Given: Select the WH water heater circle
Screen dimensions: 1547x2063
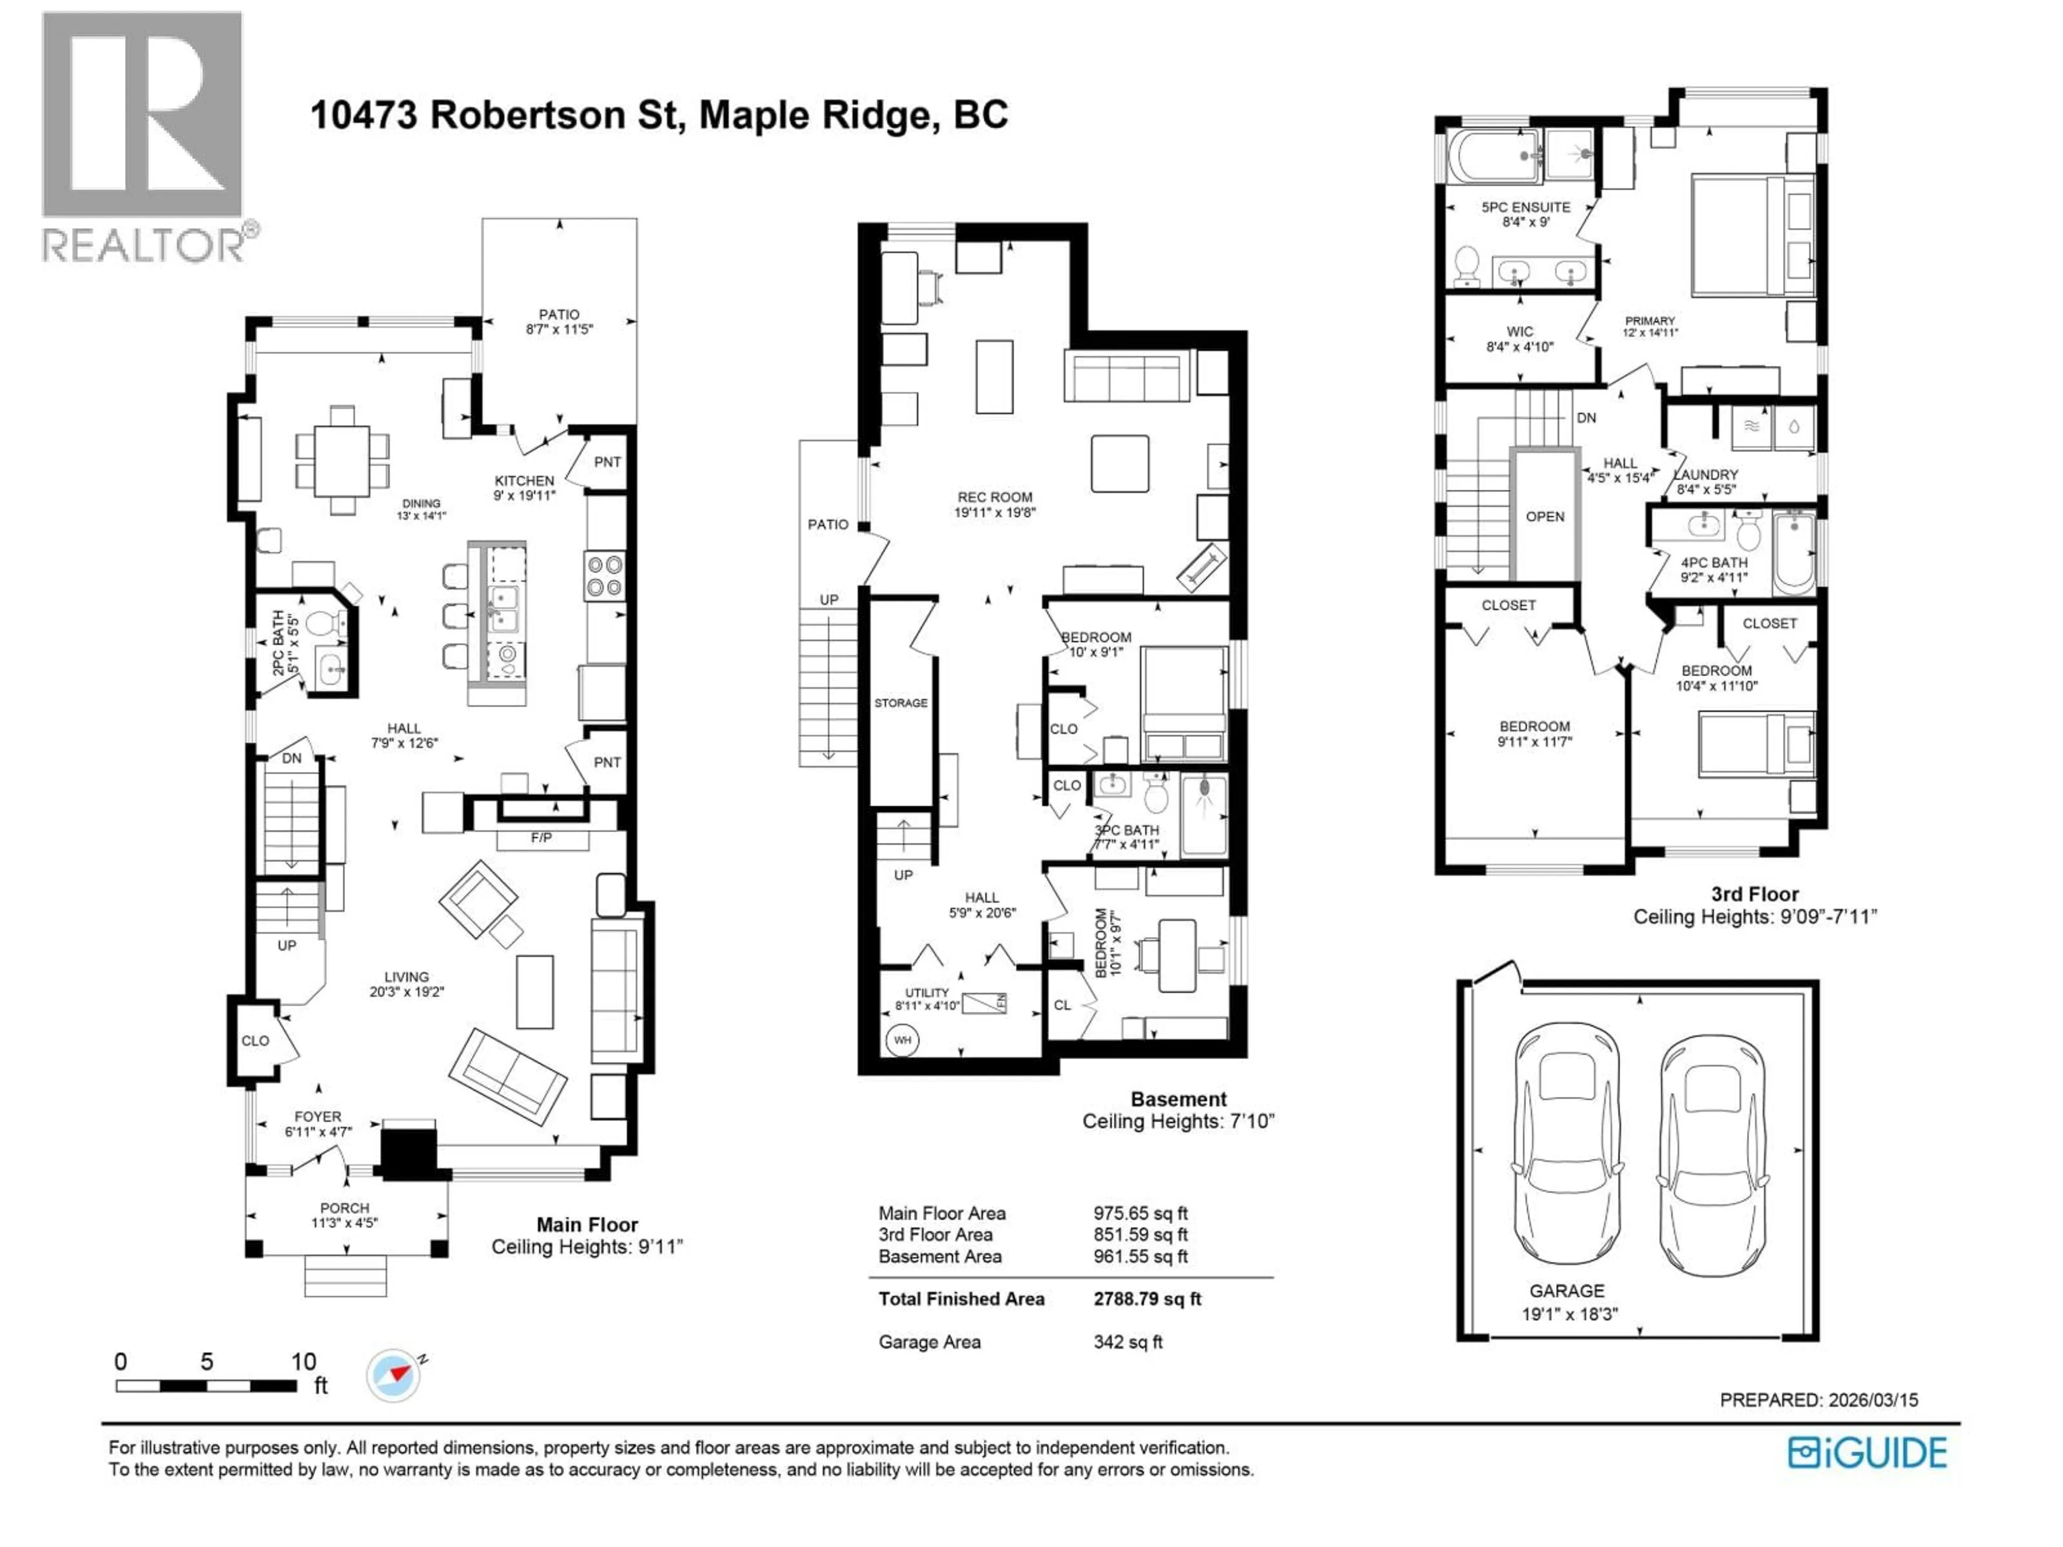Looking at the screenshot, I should pos(902,1040).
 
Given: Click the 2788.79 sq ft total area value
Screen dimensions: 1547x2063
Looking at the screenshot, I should pos(1147,1299).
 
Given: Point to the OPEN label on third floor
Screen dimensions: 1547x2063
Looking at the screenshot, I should pos(1546,517).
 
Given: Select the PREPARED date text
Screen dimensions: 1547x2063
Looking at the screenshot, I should pos(1819,1400).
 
